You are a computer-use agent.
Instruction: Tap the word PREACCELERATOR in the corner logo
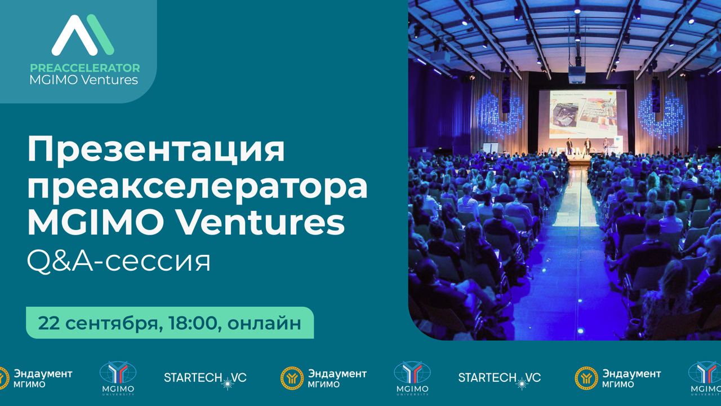tap(85, 68)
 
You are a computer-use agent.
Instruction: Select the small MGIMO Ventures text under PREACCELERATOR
tap(84, 80)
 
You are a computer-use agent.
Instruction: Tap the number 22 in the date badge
tap(50, 323)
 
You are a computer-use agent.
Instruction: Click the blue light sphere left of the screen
tap(500, 113)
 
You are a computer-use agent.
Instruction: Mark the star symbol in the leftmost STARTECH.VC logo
tap(228, 382)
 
